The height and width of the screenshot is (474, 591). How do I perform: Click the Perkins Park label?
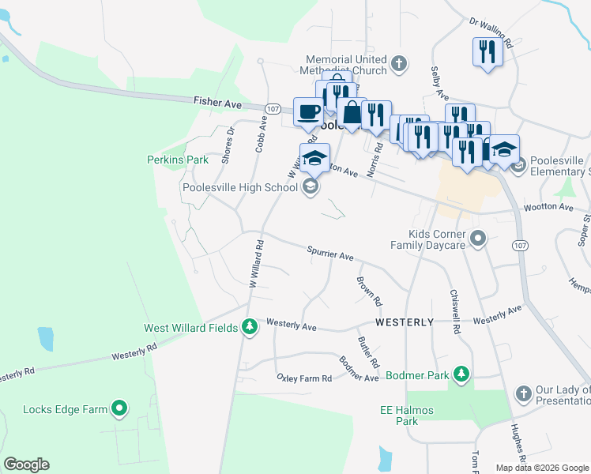[178, 160]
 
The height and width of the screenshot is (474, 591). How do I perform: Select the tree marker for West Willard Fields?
[250, 327]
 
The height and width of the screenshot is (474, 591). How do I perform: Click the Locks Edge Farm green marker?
[119, 408]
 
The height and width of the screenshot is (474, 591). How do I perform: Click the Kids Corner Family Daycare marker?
[477, 238]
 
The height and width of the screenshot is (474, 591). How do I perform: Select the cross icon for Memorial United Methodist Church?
[400, 63]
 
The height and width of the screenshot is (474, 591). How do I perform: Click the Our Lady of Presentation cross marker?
[523, 393]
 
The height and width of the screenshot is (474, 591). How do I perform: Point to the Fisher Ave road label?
[217, 102]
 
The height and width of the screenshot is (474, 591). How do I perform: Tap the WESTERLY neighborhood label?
[404, 322]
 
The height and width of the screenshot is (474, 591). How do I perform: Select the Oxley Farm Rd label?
[303, 378]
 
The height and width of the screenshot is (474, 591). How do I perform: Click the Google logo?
[26, 465]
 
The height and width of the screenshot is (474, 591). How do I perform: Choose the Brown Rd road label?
[369, 291]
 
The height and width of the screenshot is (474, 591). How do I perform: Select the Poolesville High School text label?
[239, 187]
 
